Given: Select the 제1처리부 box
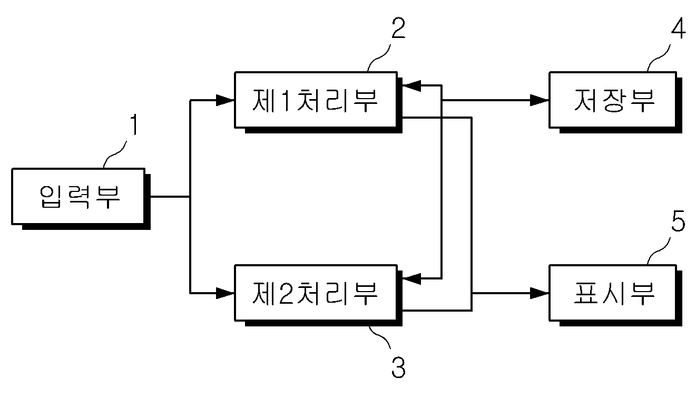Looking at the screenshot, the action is coord(316,100).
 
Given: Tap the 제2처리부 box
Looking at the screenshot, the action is coord(316,293).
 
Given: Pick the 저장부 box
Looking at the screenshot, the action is coord(613,100).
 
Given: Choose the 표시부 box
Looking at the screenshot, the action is coord(613,293).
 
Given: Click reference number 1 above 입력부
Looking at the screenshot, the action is coord(134,124).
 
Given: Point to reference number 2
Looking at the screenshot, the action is coord(398,28).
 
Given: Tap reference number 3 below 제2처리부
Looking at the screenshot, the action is coord(398,368).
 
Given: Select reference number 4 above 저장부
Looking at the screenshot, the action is coord(678,28).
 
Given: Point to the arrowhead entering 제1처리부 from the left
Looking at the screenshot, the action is coord(225,100).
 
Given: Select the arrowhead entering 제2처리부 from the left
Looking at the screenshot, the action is coord(225,293).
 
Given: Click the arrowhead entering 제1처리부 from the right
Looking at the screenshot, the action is coord(411,85).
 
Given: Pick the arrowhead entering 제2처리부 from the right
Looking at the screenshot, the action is coord(411,278).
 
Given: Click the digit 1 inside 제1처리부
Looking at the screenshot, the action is coord(286,100).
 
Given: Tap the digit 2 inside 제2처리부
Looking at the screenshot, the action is coord(286,293).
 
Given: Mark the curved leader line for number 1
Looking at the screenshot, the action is coord(114,154).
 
